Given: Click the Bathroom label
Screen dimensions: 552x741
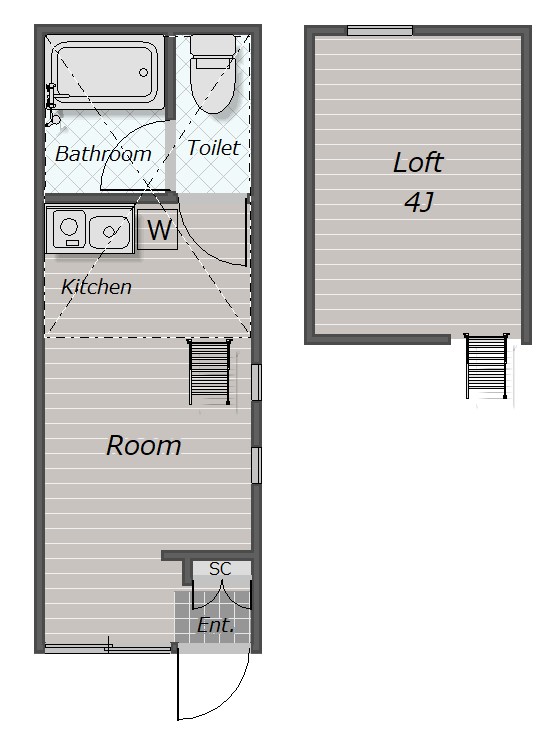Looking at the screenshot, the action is point(103,154).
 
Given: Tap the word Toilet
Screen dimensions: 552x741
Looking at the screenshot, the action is point(214,147).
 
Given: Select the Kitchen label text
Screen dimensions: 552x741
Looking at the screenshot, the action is point(96,286).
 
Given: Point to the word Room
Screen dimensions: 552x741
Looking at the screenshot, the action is point(144,445).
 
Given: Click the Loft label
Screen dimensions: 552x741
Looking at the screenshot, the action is point(418,162).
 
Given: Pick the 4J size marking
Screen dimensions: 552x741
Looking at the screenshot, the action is point(419,203).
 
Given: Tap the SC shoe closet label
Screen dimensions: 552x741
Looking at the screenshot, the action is point(220,569).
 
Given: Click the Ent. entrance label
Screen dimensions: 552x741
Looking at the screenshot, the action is point(216,625).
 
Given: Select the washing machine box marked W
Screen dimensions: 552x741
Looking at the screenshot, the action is point(157,229).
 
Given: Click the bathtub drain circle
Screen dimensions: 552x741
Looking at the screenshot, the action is point(143,72).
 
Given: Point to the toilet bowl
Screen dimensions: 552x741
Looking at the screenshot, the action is point(213,86).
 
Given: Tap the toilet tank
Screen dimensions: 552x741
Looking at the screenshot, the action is point(213,45).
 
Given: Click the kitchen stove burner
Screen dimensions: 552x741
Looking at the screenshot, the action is point(69,225).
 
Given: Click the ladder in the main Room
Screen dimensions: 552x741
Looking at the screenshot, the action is point(209,372).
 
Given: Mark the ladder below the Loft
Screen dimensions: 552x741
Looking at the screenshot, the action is point(486,366).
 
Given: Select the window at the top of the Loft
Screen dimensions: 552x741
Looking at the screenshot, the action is point(380,31).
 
